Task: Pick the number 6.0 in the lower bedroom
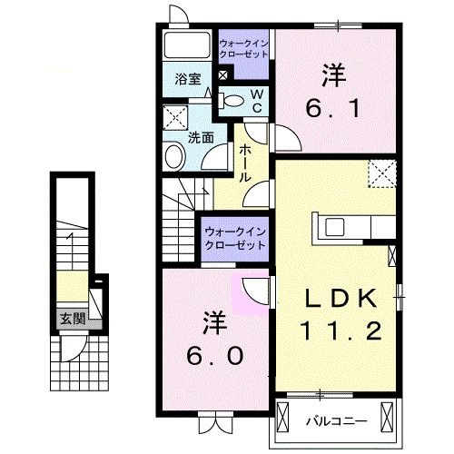[215, 357]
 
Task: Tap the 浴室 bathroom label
[187, 79]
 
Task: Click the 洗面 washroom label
[201, 138]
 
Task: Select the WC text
[256, 100]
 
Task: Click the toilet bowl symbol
[234, 101]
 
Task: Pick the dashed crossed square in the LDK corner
[380, 173]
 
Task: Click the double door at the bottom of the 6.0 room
[214, 421]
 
